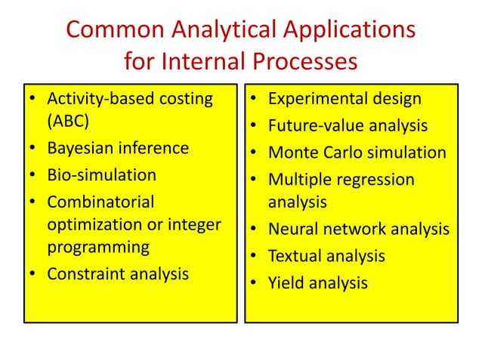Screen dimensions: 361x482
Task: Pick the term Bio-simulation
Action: [101, 175]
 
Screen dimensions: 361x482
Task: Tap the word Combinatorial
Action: [100, 202]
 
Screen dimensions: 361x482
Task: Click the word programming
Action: [97, 247]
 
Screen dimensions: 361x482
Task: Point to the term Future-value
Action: [316, 125]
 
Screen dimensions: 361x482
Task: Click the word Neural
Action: [292, 229]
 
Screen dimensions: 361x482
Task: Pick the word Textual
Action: [295, 256]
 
